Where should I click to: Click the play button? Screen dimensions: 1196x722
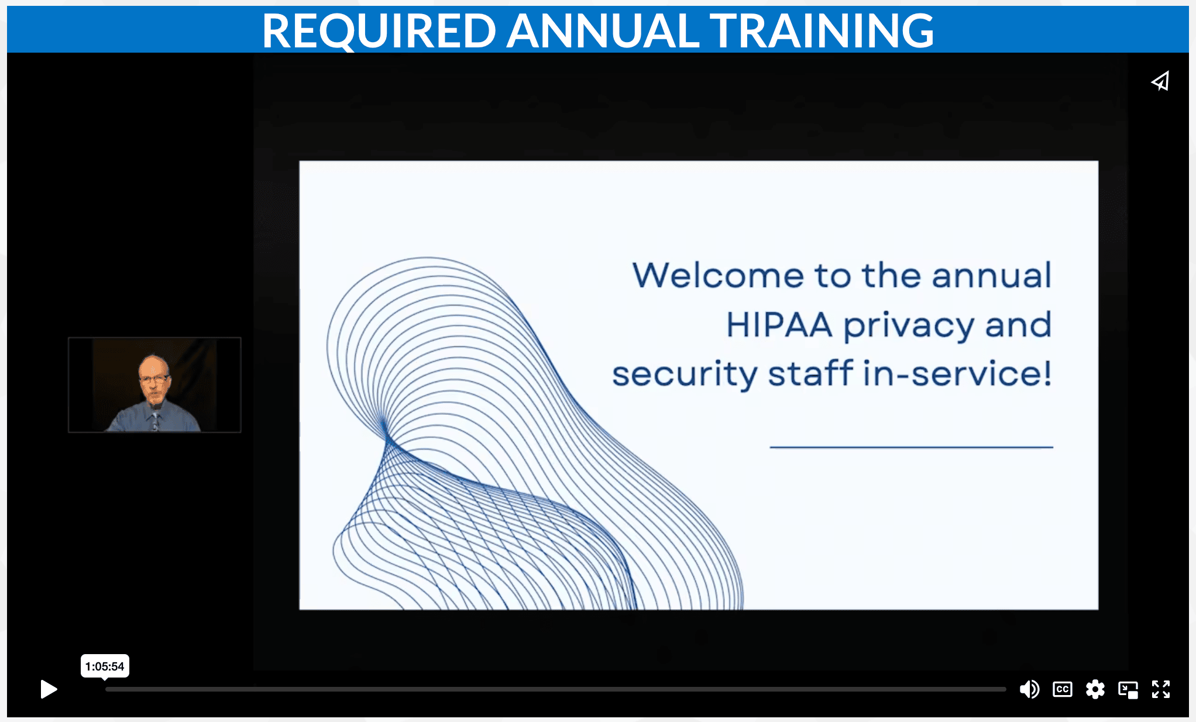49,689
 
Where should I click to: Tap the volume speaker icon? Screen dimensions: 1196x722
1029,689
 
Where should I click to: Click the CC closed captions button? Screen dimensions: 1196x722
1063,689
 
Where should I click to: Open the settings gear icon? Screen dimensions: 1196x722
1095,689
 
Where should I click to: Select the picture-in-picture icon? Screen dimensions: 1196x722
1128,690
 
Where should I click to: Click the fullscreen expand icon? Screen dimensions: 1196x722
1161,689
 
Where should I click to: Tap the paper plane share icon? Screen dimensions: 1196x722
1160,81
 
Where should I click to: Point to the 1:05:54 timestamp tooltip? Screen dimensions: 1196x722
105,666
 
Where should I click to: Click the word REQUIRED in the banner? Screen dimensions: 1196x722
379,31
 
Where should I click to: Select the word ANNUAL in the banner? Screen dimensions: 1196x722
603,31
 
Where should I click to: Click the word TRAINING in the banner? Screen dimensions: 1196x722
822,31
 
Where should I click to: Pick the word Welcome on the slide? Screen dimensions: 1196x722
719,275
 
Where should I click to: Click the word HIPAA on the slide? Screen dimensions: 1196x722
779,325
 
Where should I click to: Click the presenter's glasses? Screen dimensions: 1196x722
154,379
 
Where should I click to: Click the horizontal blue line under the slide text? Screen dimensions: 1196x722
911,447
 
